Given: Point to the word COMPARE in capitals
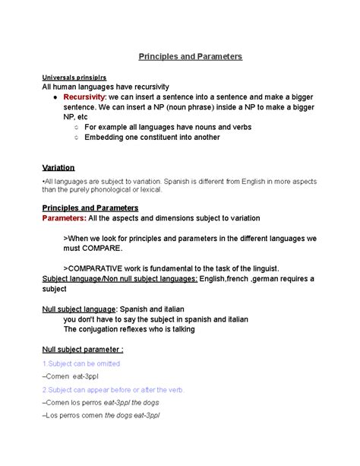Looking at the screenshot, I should point(98,248).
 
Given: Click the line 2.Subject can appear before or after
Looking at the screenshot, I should point(112,389).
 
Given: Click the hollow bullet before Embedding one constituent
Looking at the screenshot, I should point(77,138).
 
